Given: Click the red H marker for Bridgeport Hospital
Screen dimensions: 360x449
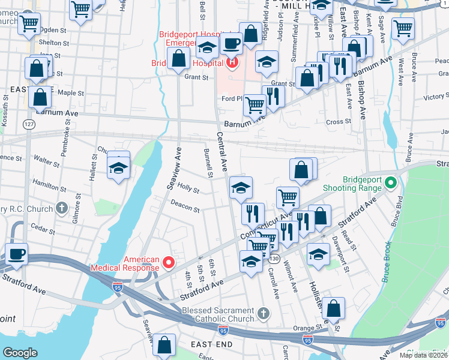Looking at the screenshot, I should [232, 62].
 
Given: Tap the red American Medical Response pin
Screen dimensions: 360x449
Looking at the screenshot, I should [169, 262].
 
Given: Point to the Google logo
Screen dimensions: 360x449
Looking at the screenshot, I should [20, 352].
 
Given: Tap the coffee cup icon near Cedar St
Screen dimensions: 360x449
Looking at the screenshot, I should [16, 253].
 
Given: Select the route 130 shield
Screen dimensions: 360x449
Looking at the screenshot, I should [274, 258].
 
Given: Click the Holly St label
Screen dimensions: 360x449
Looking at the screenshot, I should [188, 188].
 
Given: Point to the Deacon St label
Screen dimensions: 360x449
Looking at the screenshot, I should [185, 206].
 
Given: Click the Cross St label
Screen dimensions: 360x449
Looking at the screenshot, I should [339, 122].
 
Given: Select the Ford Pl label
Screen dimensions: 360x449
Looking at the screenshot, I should [231, 98].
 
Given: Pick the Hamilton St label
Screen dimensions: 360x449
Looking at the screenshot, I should [49, 184].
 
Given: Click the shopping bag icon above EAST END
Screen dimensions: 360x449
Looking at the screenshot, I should [164, 345].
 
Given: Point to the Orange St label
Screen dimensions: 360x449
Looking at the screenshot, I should [308, 328].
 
